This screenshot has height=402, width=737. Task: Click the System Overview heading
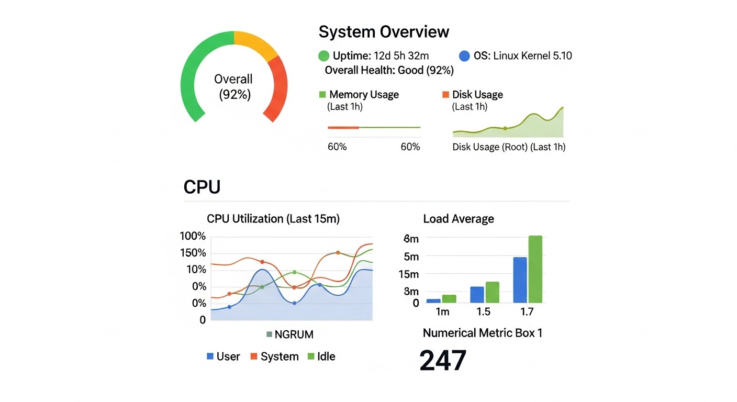pos(384,32)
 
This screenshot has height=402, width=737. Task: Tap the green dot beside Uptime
pos(323,56)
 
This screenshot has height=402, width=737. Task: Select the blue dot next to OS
pos(464,56)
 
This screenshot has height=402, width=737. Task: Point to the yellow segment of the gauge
pos(256,43)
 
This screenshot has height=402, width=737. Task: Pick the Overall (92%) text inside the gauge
pos(233,87)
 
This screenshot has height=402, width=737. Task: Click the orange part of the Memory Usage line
pos(343,127)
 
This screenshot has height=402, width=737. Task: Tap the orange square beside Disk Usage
pos(445,95)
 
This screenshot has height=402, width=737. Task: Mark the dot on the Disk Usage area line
pos(505,128)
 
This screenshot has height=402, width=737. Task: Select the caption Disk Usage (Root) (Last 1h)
pos(509,147)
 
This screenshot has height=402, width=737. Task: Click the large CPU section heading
pos(202,187)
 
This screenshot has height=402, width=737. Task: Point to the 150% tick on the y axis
pos(193,253)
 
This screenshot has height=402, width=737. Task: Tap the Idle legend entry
pos(321,357)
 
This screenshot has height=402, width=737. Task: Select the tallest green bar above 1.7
pos(535,269)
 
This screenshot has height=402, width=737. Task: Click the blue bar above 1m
pos(433,300)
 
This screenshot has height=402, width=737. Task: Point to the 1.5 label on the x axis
pos(484,312)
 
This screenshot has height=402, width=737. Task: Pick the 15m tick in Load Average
pos(408,274)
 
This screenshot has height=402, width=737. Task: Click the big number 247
pos(443,361)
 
